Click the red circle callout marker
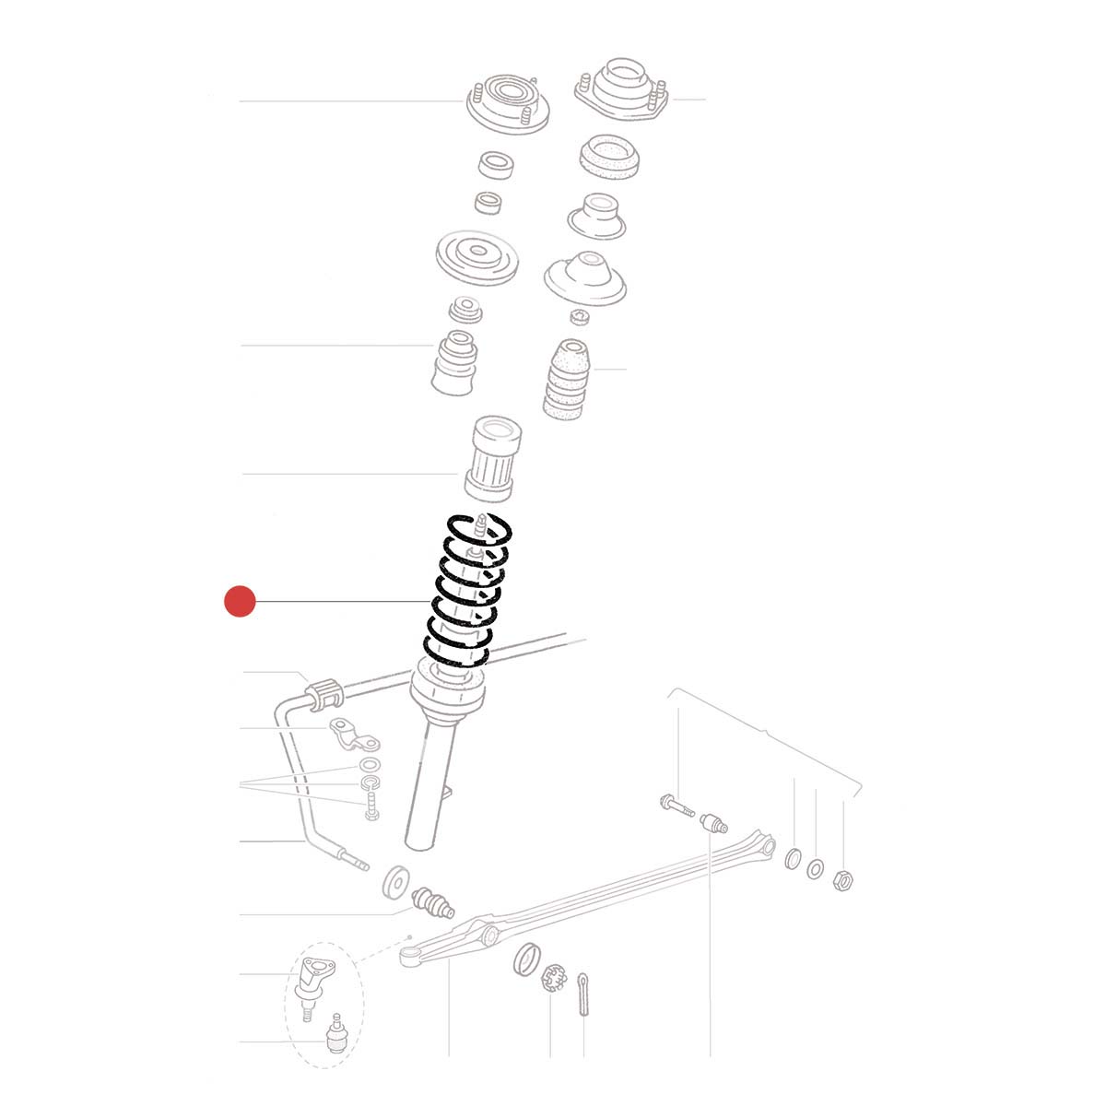(240, 602)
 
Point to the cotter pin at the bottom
(584, 994)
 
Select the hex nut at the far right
(842, 877)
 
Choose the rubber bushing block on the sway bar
(322, 694)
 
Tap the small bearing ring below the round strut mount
(498, 167)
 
